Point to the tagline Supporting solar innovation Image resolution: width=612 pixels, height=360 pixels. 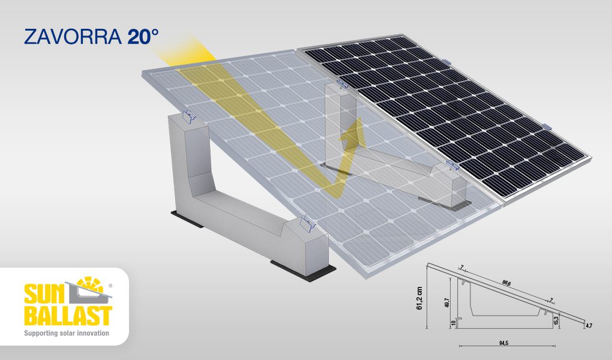click(x=67, y=332)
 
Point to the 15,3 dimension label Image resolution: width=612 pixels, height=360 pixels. click(x=556, y=320)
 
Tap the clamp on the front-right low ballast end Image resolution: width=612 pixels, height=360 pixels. click(x=307, y=224)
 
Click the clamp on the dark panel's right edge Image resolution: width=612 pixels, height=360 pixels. click(x=547, y=127)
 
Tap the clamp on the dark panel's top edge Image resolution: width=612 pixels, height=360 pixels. click(x=446, y=62)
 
